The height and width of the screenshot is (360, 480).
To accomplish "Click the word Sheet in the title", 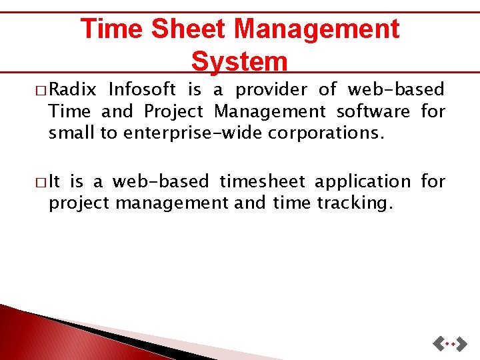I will point(189,29).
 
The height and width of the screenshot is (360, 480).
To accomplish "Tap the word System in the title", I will point(239,61).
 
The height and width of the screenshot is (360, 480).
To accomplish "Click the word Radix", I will point(73,89).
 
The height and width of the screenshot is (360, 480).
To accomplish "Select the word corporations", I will point(327,133).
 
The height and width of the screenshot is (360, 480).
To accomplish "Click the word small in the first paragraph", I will point(73,133).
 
